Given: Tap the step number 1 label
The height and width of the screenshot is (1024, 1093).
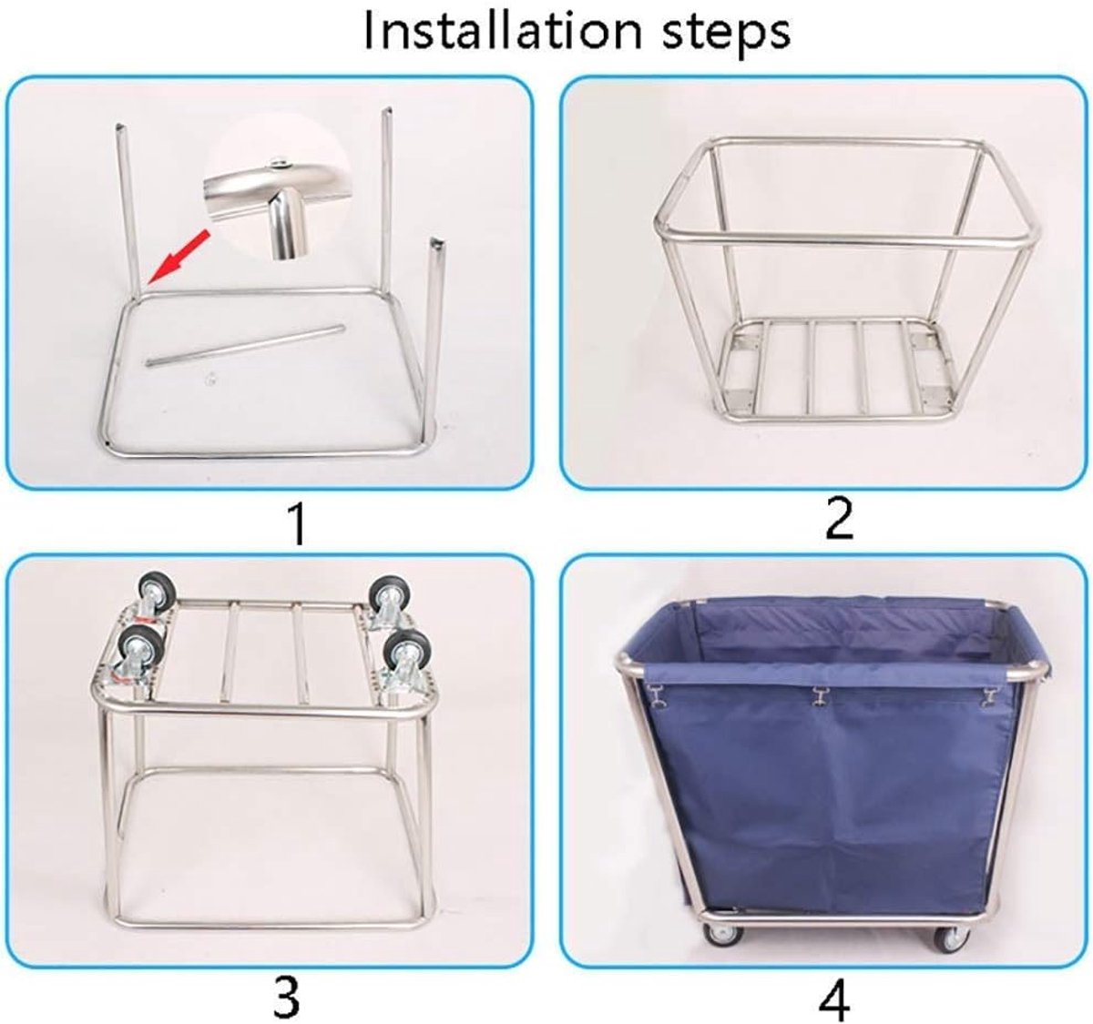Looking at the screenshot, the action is coord(298,525).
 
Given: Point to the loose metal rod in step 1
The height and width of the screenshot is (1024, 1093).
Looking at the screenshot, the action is coord(245,345).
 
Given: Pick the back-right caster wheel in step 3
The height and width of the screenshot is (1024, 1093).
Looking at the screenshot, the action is coord(390,596).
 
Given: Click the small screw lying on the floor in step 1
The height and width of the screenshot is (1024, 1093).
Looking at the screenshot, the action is coord(209,379).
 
